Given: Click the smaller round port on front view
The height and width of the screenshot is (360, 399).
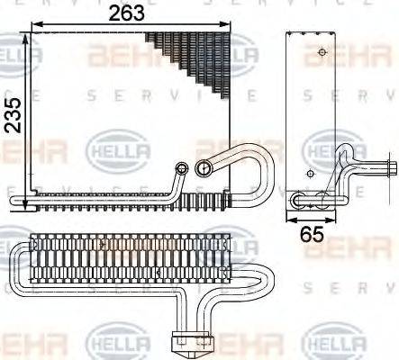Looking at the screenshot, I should point(183,167).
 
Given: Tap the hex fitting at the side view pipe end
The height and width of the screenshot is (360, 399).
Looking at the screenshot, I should point(394,167).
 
